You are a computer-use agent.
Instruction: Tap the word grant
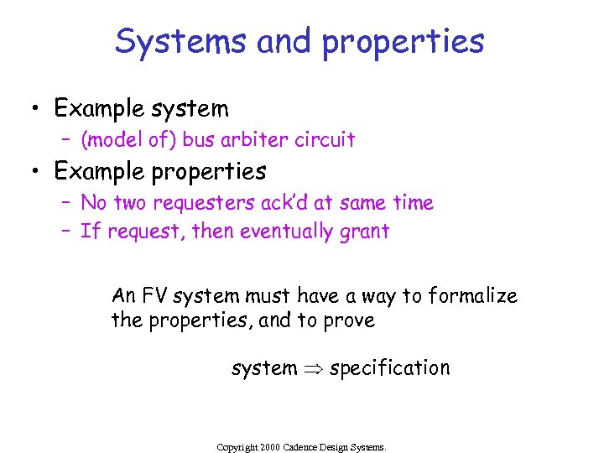pos(364,232)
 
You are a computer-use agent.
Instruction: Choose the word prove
pos(351,320)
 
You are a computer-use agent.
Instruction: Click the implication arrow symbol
pos(313,368)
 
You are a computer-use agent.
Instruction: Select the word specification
pos(390,368)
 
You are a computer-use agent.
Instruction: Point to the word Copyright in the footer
pos(237,447)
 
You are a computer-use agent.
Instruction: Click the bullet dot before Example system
pos(35,109)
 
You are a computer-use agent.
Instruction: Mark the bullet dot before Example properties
pos(35,172)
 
